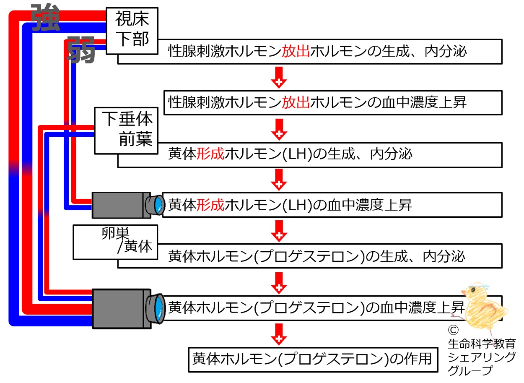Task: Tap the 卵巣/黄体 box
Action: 115,242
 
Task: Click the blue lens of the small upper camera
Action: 158,205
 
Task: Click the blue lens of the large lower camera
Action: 158,308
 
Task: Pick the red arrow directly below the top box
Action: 278,77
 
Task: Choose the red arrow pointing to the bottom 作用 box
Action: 278,333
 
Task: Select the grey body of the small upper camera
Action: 119,205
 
